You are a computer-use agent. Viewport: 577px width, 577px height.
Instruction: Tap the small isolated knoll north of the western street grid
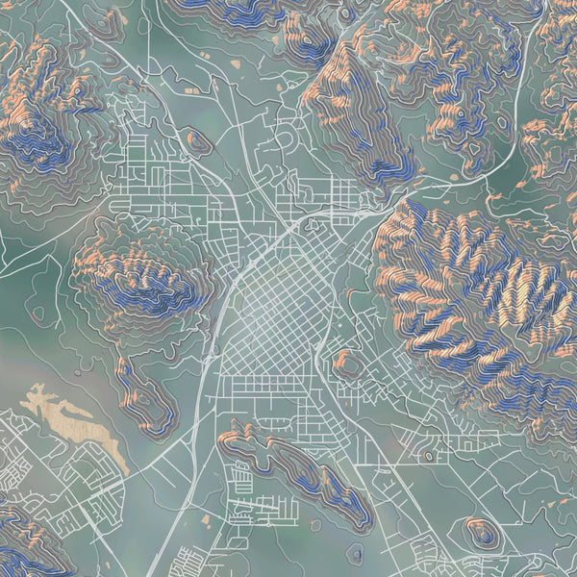[x=199, y=141]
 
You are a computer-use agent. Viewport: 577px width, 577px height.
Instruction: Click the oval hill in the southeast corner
[x=481, y=532]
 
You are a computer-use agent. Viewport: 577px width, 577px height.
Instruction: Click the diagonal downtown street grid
[x=274, y=308]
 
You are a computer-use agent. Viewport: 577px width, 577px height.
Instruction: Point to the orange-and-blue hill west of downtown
[x=144, y=279]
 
